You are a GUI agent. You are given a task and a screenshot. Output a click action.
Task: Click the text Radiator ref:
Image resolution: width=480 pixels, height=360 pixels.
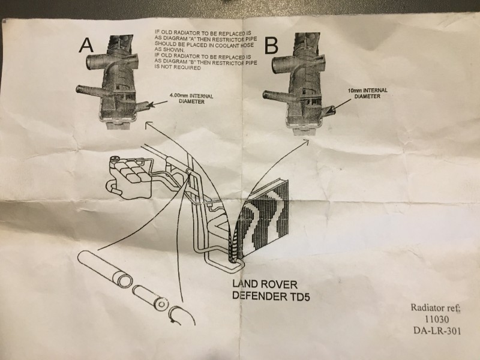pyautogui.click(x=437, y=308)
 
